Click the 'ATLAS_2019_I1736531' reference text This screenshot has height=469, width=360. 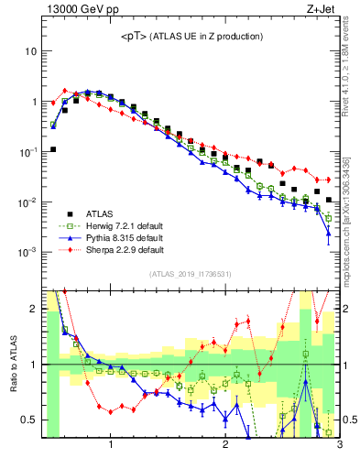tap(191, 274)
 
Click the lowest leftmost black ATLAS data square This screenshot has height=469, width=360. tap(53, 149)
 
